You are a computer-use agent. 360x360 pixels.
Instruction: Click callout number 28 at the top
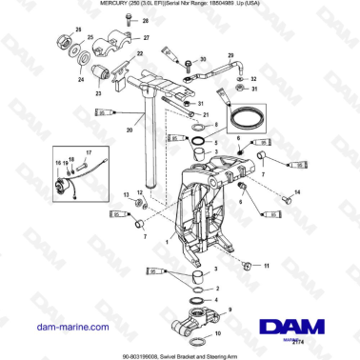click(x=132, y=19)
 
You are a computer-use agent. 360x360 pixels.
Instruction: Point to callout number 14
click(x=297, y=193)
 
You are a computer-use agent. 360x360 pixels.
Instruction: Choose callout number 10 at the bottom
click(x=221, y=335)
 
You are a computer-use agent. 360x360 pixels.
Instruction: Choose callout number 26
click(x=76, y=31)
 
